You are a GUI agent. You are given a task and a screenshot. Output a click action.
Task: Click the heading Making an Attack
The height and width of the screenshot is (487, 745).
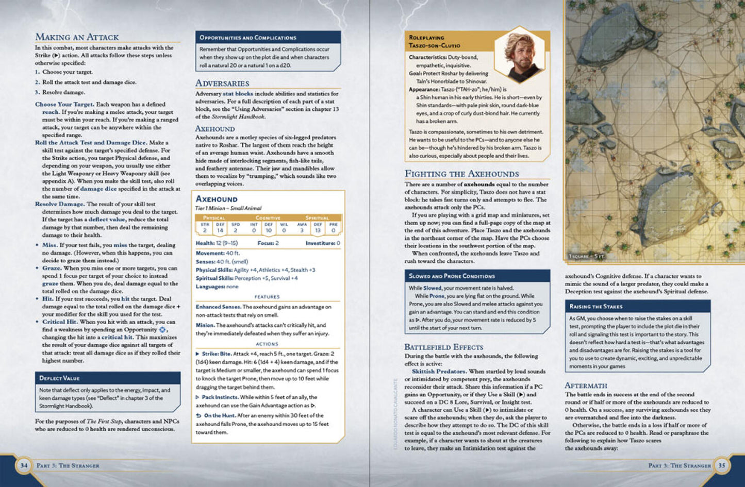77,37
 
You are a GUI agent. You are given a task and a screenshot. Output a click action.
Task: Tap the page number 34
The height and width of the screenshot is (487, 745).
24,465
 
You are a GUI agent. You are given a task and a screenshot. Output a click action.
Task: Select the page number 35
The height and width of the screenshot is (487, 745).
721,465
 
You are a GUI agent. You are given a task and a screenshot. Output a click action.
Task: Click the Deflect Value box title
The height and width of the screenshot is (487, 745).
59,378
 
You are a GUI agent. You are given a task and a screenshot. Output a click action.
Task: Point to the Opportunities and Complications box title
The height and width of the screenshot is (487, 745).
247,38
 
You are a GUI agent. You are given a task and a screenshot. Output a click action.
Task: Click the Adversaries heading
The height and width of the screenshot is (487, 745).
222,83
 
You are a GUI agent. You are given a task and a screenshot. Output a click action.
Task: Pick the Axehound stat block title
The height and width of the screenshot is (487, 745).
217,199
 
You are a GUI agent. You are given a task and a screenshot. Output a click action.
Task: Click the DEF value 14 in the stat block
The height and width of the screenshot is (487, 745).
220,230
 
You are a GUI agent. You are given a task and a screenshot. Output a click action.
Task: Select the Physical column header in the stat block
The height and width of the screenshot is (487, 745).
214,218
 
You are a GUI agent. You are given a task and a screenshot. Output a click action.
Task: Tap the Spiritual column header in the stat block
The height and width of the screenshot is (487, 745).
317,218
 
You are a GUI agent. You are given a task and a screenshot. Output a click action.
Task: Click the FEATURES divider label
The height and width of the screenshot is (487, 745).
267,297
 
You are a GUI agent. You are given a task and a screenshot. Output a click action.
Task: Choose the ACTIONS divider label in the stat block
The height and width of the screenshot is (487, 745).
267,344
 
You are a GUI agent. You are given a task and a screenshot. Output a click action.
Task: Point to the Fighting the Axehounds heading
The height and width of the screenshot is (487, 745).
461,174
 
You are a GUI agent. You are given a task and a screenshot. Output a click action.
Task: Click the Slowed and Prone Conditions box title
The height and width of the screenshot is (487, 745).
452,276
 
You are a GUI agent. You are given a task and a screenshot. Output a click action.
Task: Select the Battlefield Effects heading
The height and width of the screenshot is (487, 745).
443,347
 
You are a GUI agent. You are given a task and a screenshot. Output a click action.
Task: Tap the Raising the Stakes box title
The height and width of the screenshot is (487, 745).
595,307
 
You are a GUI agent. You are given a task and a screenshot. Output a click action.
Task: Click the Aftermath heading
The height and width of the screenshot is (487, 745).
586,385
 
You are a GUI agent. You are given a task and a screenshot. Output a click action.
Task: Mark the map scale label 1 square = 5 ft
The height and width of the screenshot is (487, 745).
586,256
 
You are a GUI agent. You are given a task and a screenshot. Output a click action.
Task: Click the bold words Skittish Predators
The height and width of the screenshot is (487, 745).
439,371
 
